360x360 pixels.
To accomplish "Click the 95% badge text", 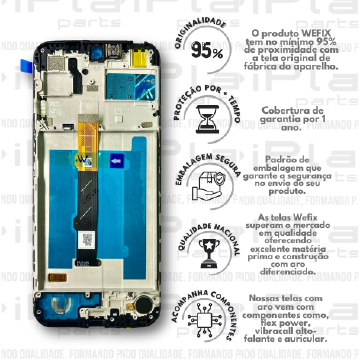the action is (208, 52).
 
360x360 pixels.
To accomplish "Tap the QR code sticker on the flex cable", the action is (87, 239).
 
